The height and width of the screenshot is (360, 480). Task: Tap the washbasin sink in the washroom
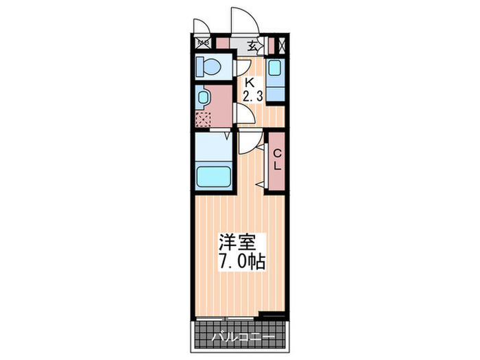pyautogui.click(x=202, y=97)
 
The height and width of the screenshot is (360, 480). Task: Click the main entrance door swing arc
pyautogui.click(x=243, y=21)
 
